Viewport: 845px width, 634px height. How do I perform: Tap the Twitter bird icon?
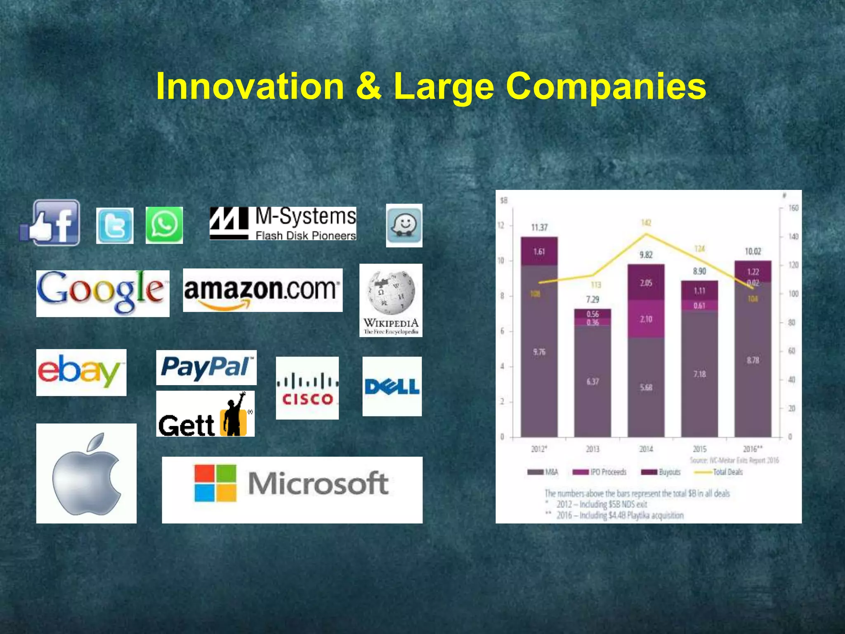click(115, 226)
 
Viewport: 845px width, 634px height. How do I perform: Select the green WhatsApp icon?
click(164, 225)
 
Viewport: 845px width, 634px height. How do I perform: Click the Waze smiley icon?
click(404, 225)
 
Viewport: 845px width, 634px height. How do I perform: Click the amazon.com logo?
click(262, 290)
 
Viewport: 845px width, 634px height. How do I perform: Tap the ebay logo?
click(81, 372)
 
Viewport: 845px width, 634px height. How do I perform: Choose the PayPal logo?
click(206, 367)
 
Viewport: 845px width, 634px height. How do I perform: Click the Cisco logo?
click(307, 388)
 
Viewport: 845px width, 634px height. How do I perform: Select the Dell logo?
click(392, 386)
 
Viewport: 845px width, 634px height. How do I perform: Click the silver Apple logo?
click(86, 473)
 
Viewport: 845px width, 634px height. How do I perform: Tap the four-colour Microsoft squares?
click(215, 483)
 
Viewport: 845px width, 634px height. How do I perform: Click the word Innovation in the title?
click(250, 86)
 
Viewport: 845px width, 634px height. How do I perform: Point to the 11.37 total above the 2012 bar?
click(539, 227)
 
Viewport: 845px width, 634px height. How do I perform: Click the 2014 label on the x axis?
click(646, 449)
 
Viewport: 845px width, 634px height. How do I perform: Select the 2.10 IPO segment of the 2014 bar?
click(646, 319)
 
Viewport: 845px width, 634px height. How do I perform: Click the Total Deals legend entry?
click(727, 472)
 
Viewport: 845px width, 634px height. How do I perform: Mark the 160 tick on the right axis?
click(793, 208)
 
